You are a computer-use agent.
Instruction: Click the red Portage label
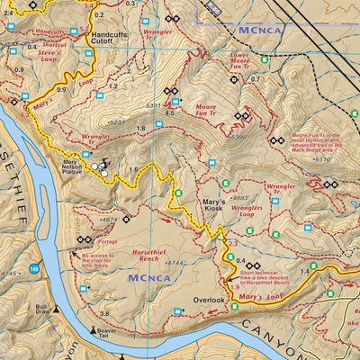(x=108, y=241)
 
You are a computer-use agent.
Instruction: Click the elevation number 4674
(x=111, y=219)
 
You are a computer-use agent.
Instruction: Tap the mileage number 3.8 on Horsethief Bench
(x=104, y=313)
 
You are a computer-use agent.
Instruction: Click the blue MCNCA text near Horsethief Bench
(x=145, y=279)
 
